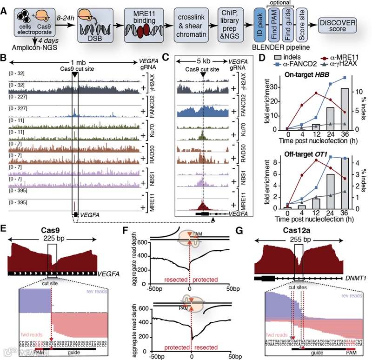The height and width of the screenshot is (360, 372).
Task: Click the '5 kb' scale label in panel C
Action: (201, 60)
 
